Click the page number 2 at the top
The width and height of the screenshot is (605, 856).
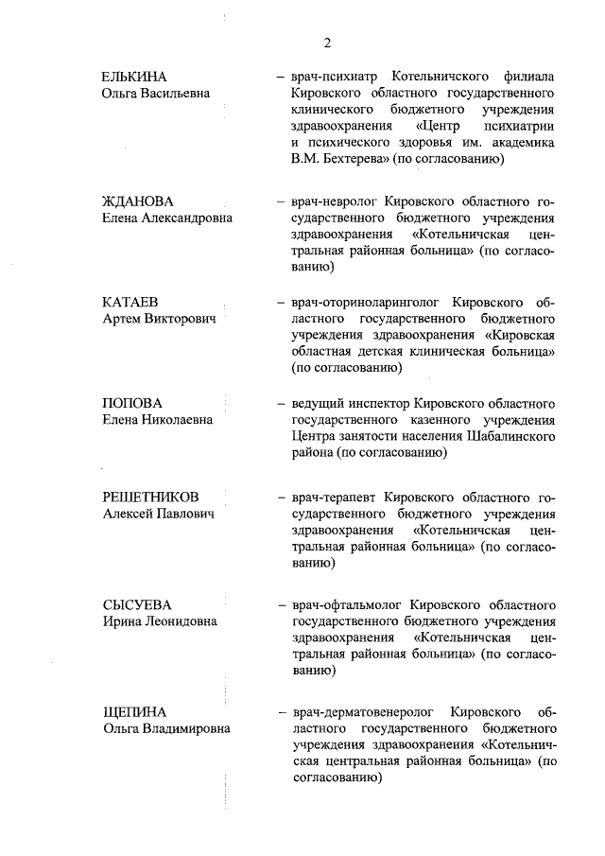[327, 43]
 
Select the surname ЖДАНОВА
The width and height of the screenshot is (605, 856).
[139, 201]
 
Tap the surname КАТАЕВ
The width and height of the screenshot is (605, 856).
[130, 303]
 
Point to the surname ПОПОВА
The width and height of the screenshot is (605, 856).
[132, 403]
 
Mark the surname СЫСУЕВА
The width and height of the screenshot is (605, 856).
[136, 604]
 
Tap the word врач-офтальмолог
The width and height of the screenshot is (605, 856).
[345, 604]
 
